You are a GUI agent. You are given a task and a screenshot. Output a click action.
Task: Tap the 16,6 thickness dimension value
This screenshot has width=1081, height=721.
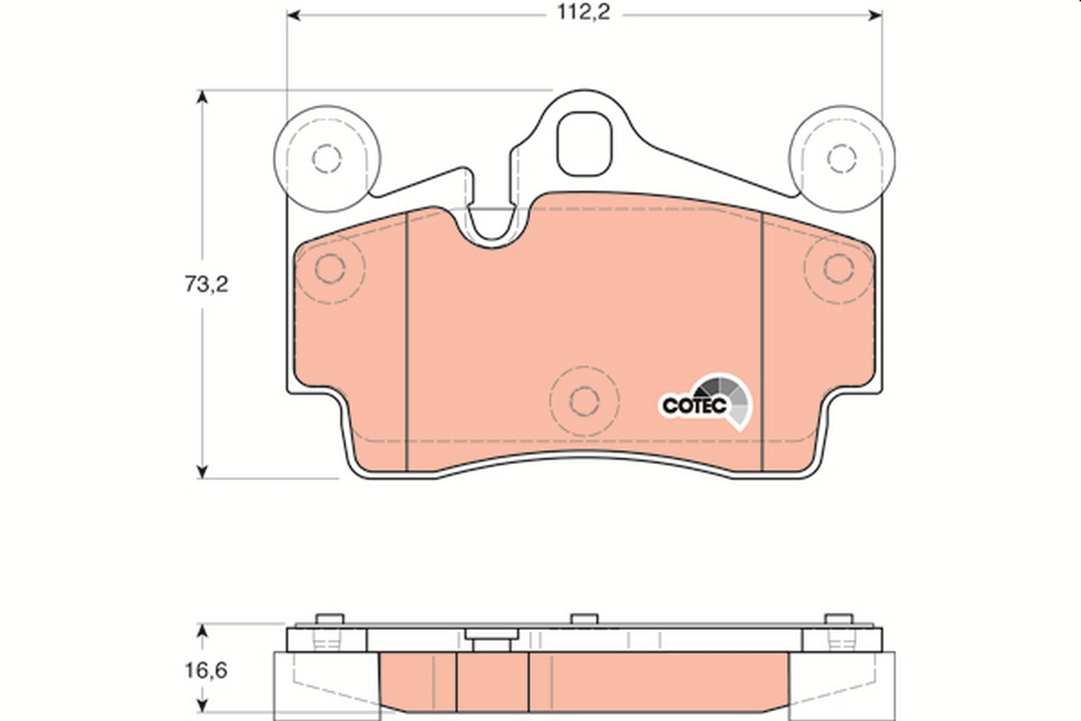[x=206, y=671]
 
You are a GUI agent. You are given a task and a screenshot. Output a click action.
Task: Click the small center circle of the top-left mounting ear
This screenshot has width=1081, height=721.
[x=327, y=159]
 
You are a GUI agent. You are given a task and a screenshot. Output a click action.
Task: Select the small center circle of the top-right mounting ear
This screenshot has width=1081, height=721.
[x=841, y=158]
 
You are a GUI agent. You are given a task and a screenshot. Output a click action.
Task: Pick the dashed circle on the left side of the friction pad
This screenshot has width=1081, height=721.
[x=331, y=269]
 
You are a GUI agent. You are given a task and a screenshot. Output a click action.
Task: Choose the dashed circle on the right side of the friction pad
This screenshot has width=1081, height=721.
[x=838, y=268]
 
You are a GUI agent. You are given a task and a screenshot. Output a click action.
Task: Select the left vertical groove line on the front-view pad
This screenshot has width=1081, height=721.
[x=408, y=342]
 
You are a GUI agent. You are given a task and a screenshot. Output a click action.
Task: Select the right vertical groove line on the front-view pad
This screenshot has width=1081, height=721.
[x=763, y=342]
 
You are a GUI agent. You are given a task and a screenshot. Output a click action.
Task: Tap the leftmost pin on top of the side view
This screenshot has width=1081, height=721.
[x=331, y=618]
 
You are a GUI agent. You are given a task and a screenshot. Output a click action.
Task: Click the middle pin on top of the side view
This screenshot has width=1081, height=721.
[x=585, y=618]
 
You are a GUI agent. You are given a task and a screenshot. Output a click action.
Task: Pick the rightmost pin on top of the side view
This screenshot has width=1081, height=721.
[x=839, y=618]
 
